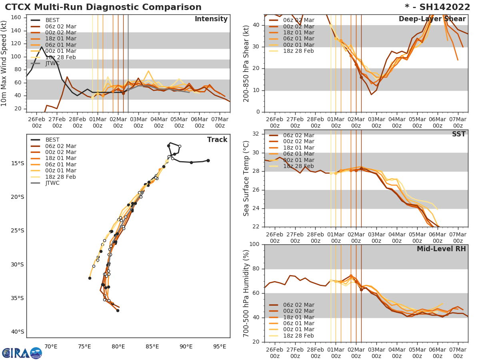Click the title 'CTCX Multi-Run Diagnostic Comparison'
coord(103,7)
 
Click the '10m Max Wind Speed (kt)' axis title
coord(4,63)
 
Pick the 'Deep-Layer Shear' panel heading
coord(432,19)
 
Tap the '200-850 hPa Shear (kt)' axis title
coord(246,63)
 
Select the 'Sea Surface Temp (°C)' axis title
coord(246,178)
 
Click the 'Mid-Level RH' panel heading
coord(441,249)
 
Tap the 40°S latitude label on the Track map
coord(18,332)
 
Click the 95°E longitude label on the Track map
coord(220,346)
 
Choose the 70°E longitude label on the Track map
coord(50,346)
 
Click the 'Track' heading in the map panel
coord(217,140)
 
